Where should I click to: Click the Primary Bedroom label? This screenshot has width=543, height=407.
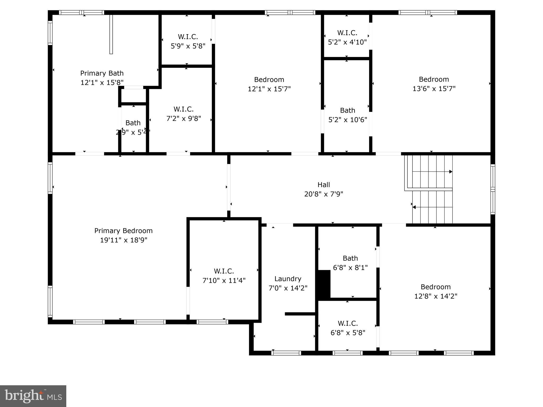point(123,231)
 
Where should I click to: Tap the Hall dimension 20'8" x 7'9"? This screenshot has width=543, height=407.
point(323,194)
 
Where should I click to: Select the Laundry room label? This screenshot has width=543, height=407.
point(288,279)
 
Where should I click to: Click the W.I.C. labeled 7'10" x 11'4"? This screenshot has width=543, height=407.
point(224,276)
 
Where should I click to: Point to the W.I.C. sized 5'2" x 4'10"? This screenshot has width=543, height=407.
point(347,37)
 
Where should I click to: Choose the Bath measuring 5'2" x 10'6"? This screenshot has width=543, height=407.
point(348,115)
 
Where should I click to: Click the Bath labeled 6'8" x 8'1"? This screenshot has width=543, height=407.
point(350,263)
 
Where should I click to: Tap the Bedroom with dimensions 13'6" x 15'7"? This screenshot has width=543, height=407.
point(434,84)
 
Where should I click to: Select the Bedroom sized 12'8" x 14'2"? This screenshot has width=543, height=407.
point(436,291)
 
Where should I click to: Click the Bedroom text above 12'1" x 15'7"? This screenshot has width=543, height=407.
point(269,79)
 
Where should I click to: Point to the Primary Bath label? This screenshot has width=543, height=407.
point(102,73)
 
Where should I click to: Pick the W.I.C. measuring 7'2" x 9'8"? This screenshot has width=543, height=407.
point(183,114)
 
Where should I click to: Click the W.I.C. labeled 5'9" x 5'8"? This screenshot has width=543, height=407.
point(188,41)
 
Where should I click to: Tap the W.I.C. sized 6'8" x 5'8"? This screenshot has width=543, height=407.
point(348,328)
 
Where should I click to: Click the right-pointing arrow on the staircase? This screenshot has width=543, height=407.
point(450,172)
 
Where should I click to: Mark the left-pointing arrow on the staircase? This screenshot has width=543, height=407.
point(414,207)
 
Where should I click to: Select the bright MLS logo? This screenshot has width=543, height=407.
point(33,396)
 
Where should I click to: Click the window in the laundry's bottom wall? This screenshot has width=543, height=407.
point(286,353)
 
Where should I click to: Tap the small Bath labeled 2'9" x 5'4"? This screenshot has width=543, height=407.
point(133,127)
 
